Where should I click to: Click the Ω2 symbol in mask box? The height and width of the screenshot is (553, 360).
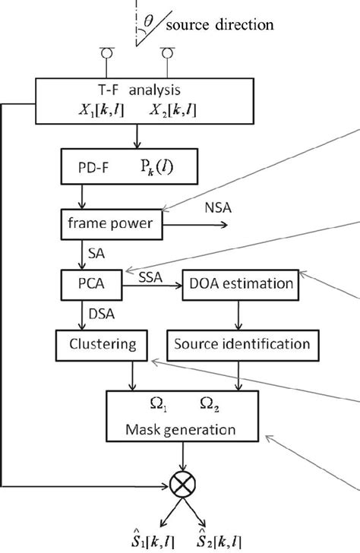(206, 401)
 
